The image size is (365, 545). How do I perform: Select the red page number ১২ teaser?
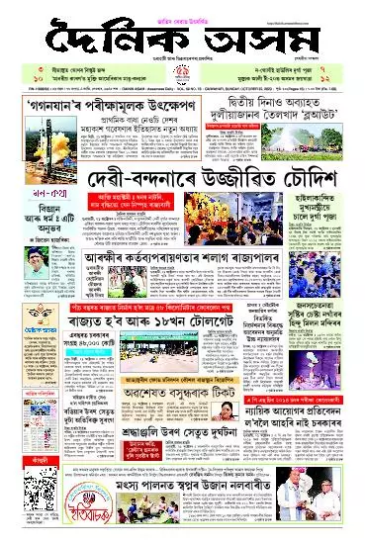[353, 81]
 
